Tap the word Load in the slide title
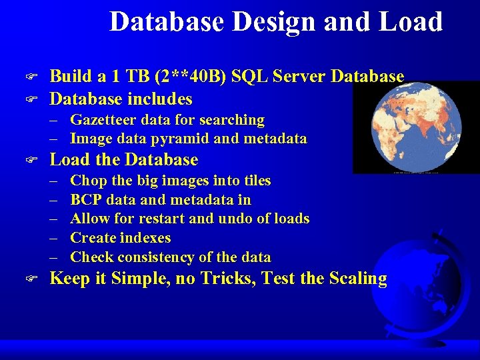[x=411, y=21]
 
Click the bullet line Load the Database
[x=124, y=160]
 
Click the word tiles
[x=256, y=181]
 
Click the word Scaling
[x=357, y=279]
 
